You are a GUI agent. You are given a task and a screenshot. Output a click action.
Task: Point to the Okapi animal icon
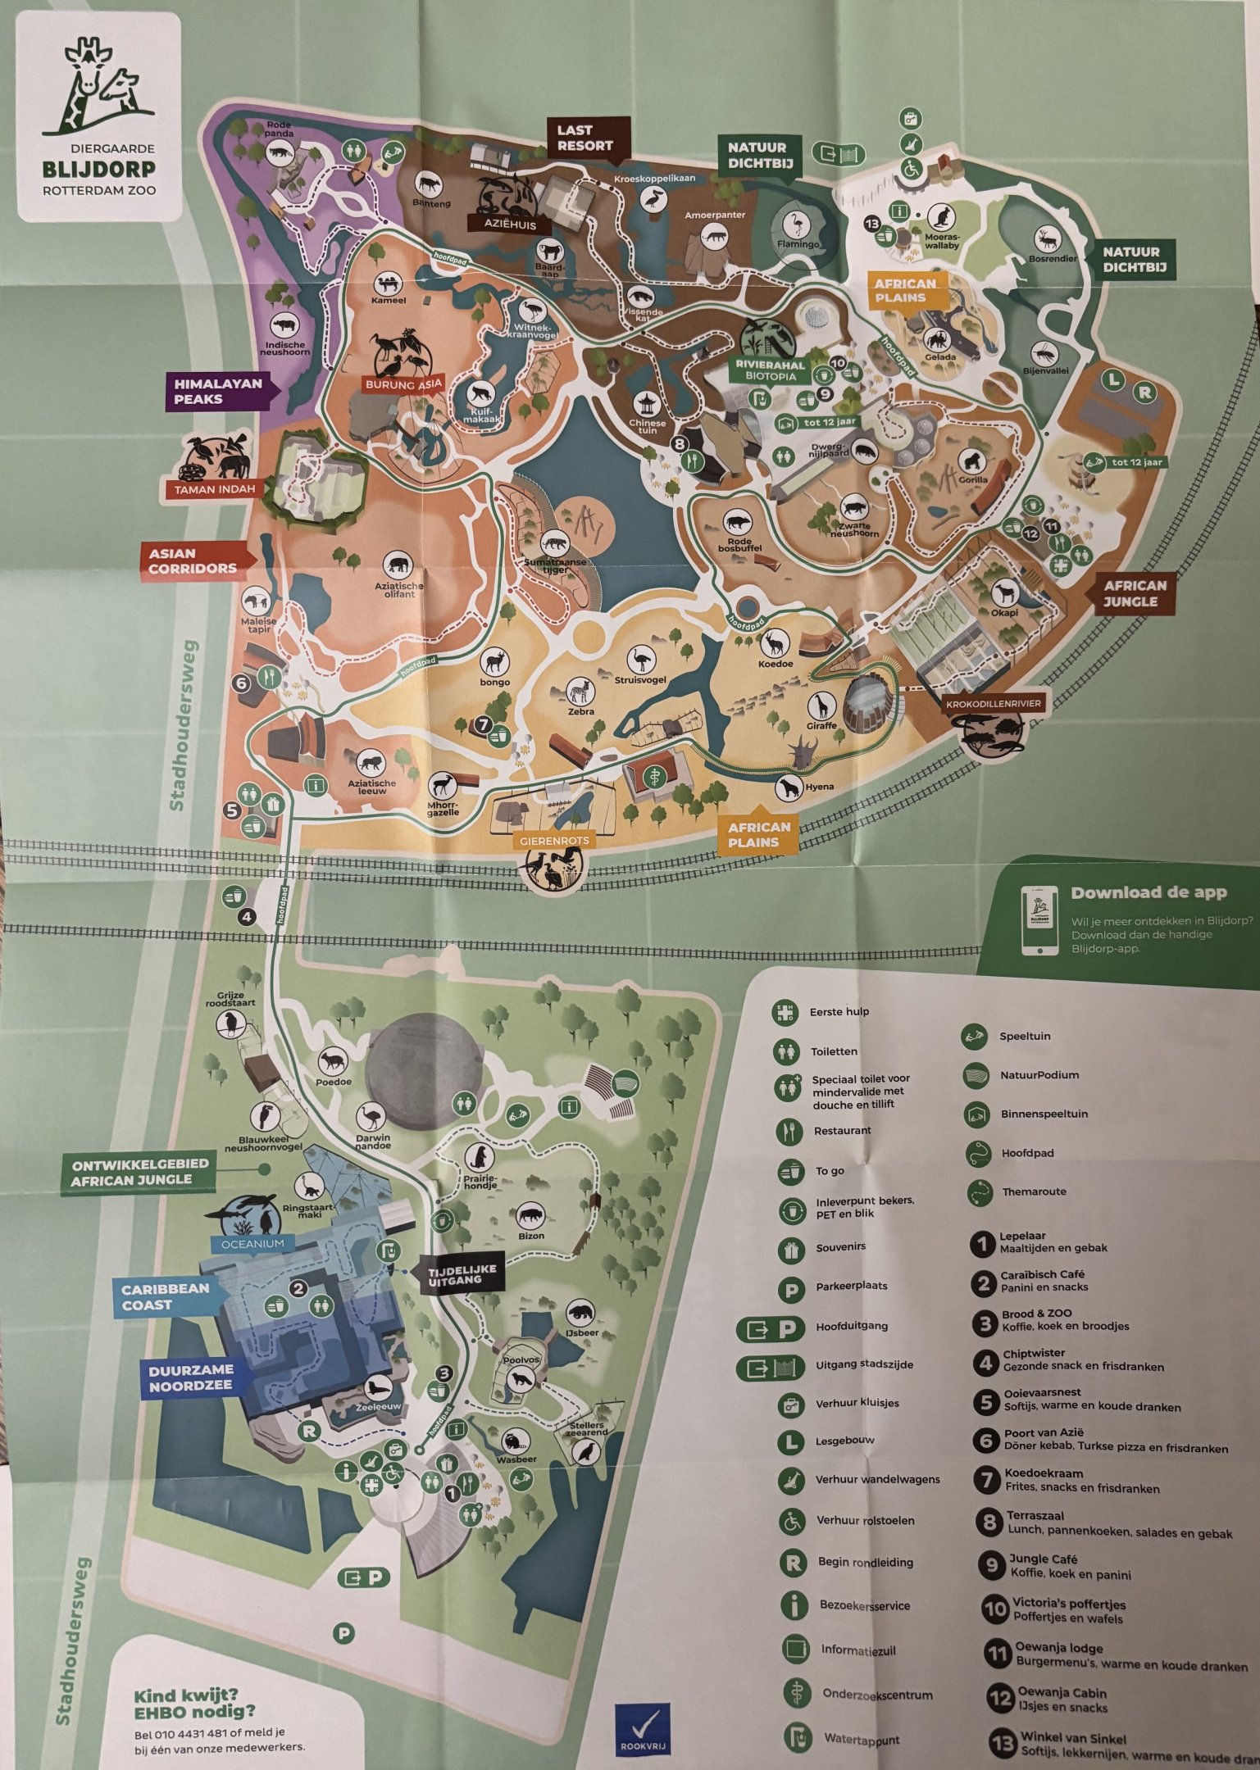1003,592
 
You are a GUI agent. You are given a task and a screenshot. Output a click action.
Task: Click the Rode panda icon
279,152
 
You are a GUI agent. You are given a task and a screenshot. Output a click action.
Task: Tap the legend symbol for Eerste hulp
785,1012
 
